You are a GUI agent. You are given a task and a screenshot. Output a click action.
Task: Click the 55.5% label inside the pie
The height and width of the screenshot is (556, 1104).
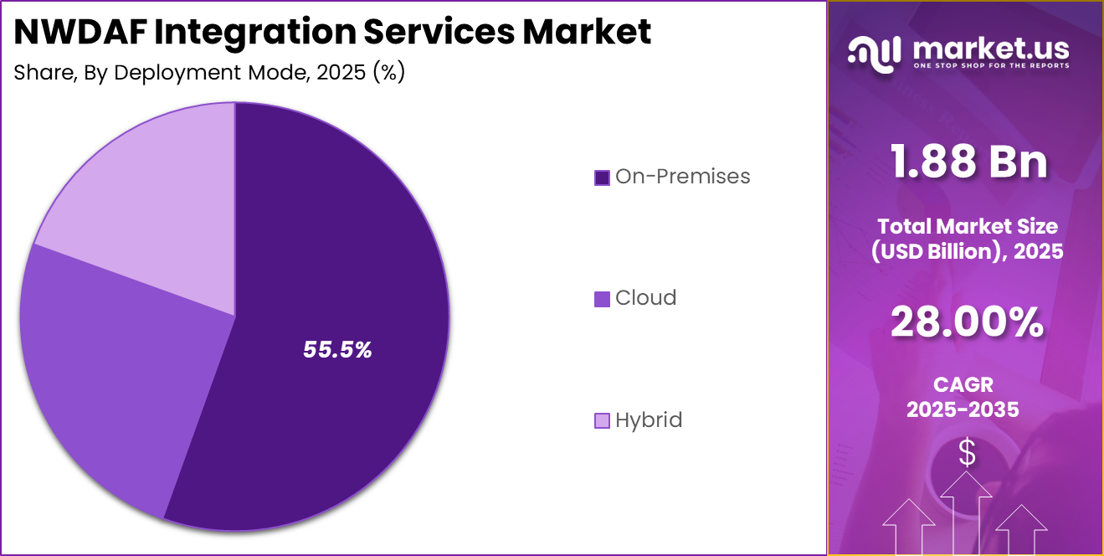point(337,350)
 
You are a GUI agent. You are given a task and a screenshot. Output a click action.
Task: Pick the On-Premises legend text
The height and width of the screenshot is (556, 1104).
point(682,177)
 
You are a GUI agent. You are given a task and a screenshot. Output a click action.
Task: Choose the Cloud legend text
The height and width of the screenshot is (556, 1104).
point(645,298)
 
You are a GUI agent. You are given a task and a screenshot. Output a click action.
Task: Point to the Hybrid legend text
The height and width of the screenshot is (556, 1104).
point(649,420)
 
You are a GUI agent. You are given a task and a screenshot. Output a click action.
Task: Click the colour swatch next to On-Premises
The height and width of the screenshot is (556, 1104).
point(602,178)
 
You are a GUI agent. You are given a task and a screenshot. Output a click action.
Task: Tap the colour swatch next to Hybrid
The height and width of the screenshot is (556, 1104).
point(602,420)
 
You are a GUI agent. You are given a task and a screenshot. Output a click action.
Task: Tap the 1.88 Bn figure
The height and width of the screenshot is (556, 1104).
point(968,161)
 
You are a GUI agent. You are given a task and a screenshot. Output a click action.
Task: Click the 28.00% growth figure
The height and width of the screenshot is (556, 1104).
point(967,322)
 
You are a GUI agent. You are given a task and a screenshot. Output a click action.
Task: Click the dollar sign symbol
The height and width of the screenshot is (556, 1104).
point(967,453)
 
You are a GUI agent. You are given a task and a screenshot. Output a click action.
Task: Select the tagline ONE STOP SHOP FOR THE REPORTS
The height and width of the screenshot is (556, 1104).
point(991,65)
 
